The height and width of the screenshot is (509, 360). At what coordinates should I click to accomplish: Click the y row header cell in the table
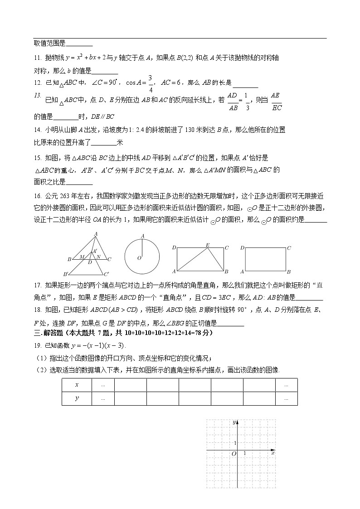(77, 398)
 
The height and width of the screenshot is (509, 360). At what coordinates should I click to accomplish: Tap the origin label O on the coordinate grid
(234, 454)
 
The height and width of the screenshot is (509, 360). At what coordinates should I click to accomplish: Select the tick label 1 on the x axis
(245, 453)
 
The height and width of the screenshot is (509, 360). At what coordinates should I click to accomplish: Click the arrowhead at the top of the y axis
(238, 422)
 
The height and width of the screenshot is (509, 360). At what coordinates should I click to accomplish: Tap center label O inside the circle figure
(139, 258)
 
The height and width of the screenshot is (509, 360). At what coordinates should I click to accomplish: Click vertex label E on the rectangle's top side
(208, 245)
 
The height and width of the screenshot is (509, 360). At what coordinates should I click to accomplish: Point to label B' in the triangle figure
(66, 274)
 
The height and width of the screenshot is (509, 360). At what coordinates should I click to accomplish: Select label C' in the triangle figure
(107, 274)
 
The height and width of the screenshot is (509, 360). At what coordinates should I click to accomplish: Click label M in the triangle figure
(82, 257)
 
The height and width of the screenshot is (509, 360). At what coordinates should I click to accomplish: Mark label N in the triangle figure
(98, 257)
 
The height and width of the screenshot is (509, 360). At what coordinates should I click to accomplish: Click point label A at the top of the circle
(142, 236)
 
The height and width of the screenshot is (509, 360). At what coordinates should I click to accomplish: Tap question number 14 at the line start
(37, 130)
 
